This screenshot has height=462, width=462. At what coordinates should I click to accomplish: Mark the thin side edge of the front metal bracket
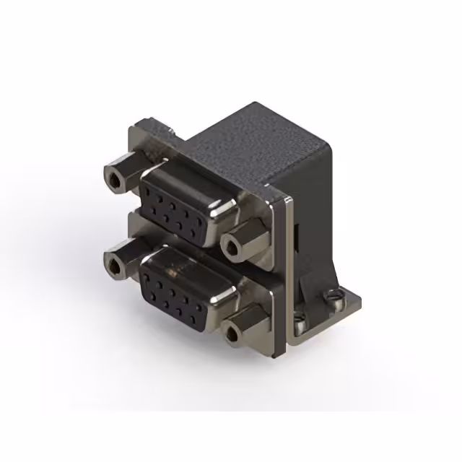(290, 274)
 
